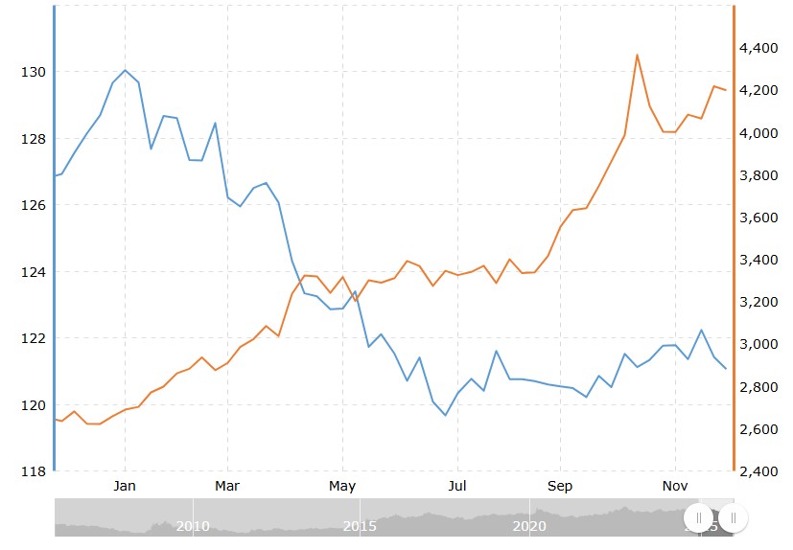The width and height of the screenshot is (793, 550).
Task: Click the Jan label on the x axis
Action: click(125, 486)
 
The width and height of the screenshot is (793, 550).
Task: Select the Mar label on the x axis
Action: click(227, 486)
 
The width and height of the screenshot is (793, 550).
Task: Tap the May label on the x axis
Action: click(342, 486)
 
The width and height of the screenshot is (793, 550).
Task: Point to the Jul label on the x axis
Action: click(458, 486)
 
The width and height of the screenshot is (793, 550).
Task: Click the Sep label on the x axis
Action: click(560, 486)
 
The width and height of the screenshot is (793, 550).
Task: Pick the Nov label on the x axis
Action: click(676, 486)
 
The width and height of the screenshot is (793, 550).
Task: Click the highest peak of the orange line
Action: click(637, 55)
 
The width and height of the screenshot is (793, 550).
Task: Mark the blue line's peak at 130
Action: click(125, 70)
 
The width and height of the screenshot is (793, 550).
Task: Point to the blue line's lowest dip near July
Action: click(445, 415)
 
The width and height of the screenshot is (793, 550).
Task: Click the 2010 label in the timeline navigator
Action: click(193, 526)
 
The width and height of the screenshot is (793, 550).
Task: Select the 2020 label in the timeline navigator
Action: click(529, 526)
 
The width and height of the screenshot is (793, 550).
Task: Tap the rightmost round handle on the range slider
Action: click(733, 518)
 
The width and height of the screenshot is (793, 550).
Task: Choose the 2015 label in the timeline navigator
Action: click(360, 526)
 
